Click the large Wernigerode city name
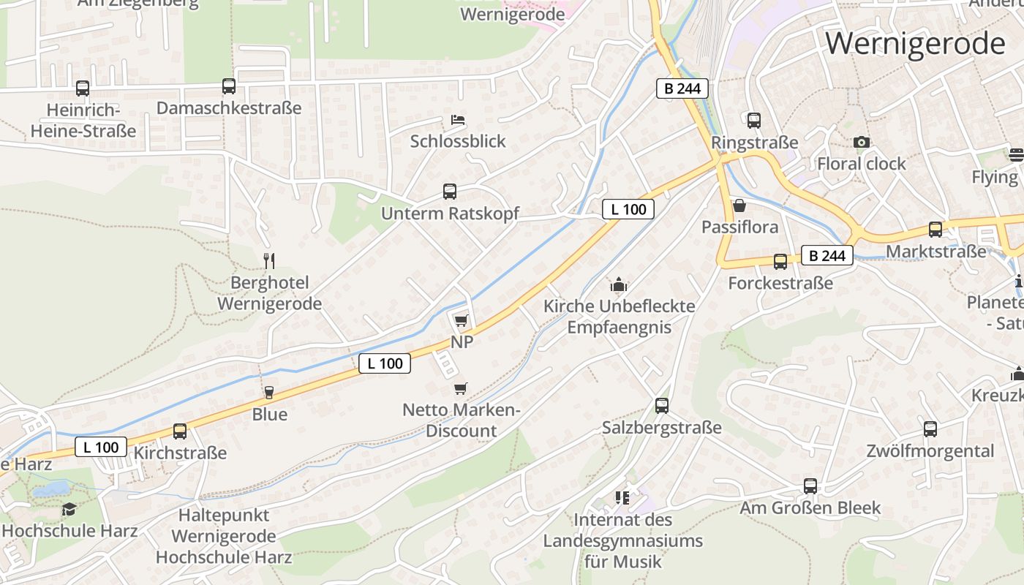point(915,44)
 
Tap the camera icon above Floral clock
point(862,142)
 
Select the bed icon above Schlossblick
point(458,119)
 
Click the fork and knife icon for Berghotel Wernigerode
point(269,260)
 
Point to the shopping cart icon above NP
point(461,320)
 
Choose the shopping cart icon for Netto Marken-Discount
point(460,388)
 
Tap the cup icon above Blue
point(268,393)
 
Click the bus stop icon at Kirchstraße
point(180,431)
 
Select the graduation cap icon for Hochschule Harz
point(69,509)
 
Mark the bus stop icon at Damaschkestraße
point(229,86)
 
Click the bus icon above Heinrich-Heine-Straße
point(83,88)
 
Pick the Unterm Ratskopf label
point(450,214)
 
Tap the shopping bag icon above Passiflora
point(739,205)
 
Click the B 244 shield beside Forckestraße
point(827,255)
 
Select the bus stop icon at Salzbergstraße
point(662,405)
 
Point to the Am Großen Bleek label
point(810,507)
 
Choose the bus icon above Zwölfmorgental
point(930,429)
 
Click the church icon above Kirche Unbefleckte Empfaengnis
point(619,284)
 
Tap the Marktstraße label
point(935,252)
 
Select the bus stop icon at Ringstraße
point(754,121)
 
